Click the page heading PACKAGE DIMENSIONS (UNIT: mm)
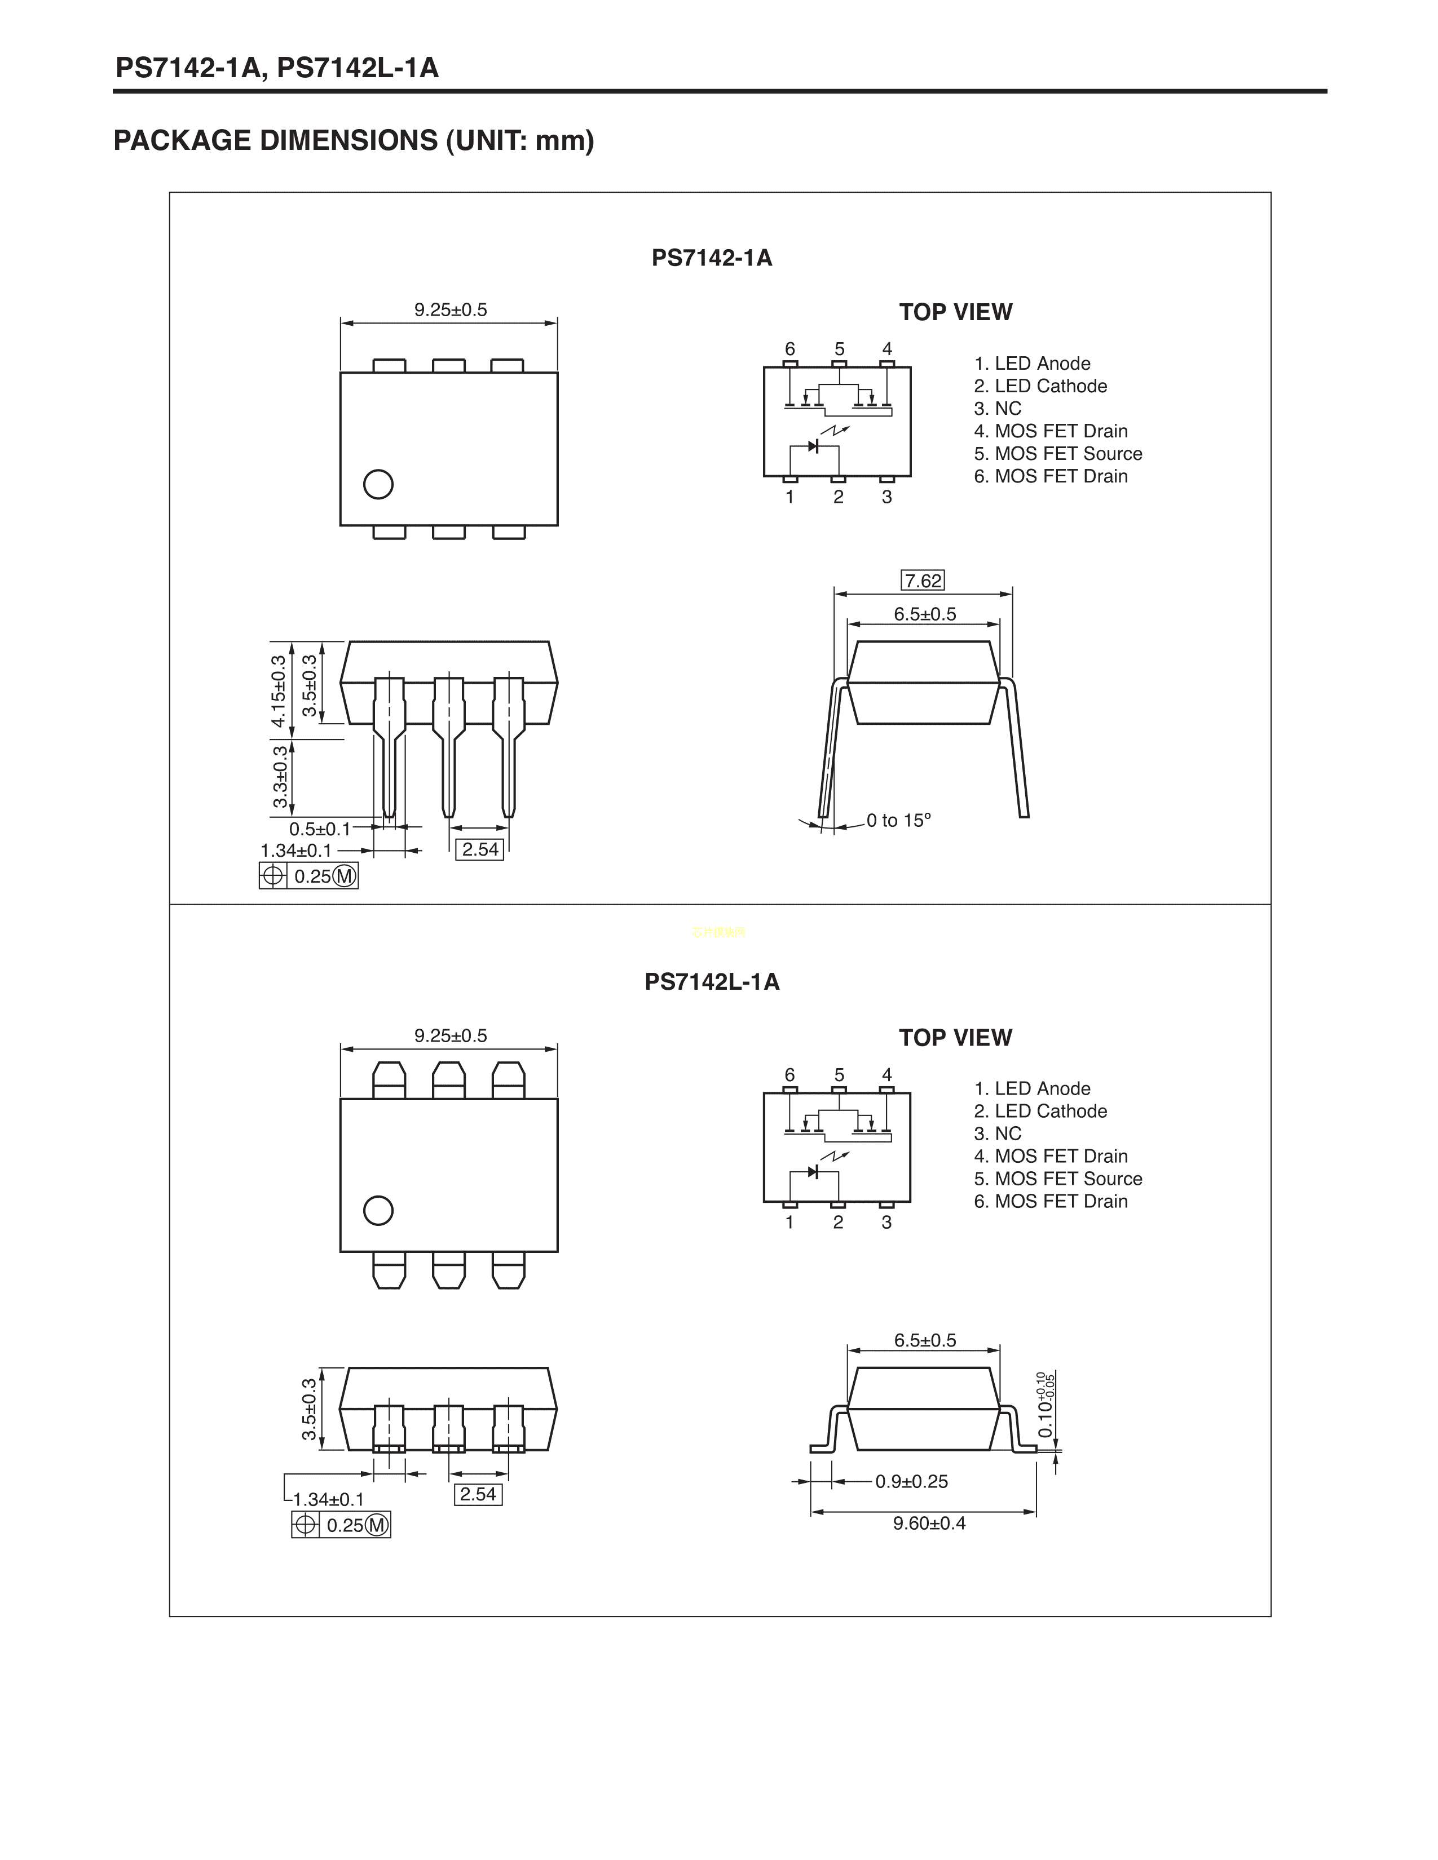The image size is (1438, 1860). tap(354, 140)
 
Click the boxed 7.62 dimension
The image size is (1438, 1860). tap(923, 581)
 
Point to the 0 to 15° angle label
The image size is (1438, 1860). tap(899, 820)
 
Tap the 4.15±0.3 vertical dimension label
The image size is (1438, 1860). tap(279, 692)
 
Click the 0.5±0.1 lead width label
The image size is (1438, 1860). tap(319, 829)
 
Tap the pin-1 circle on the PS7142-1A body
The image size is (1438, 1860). tap(378, 485)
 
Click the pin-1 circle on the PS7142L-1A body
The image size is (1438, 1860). tap(378, 1210)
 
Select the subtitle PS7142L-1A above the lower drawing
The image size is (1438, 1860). tap(712, 982)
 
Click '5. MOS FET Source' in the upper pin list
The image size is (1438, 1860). tap(1058, 454)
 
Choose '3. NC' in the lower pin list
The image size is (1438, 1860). tap(998, 1133)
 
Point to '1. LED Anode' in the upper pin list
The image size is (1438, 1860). tap(1033, 364)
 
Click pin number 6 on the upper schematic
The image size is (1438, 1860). tap(789, 349)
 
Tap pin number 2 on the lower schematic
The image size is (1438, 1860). tap(838, 1222)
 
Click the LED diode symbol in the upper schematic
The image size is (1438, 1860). tap(814, 445)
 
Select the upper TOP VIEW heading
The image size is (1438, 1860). tap(956, 312)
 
